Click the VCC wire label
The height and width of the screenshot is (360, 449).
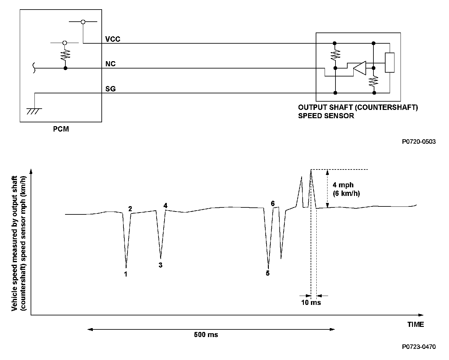coord(113,39)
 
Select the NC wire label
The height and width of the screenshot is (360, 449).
coord(110,64)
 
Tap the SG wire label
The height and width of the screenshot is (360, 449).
coord(110,89)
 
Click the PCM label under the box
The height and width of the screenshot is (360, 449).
coord(61,129)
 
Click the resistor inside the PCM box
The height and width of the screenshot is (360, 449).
coord(65,55)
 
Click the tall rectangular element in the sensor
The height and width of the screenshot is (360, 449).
coord(390,63)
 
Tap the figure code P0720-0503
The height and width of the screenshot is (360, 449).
coord(419,141)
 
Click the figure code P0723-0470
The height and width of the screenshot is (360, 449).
coord(419,347)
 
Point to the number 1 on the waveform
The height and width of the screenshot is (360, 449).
coord(126,274)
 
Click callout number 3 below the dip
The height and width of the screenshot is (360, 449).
coord(160,265)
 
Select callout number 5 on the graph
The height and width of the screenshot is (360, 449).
coord(268,273)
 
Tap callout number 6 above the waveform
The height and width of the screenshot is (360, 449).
coord(273,204)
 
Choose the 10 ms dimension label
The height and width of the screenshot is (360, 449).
coord(311,302)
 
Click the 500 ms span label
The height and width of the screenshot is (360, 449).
coord(206,335)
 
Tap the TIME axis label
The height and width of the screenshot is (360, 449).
coord(416,324)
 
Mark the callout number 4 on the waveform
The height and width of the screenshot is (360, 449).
coord(165,205)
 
